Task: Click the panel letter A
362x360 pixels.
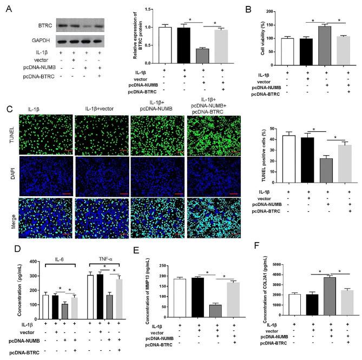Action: (6, 7)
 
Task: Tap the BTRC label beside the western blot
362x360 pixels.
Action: (45, 25)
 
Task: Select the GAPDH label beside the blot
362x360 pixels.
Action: (44, 41)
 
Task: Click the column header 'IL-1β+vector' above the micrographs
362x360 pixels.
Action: (97, 108)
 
